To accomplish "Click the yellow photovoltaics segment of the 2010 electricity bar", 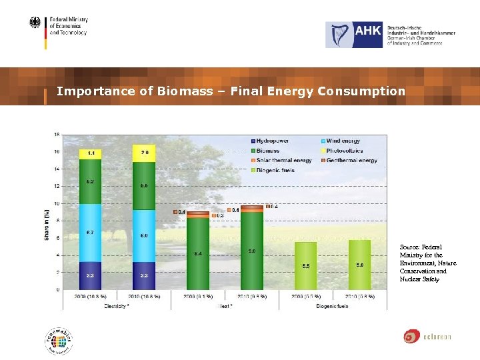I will click(x=144, y=153).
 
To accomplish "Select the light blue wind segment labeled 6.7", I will click(x=90, y=233).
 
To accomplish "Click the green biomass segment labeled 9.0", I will click(x=251, y=251).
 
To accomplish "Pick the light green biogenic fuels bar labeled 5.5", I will click(x=305, y=266).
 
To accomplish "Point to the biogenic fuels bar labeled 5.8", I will click(x=359, y=265).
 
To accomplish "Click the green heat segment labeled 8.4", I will click(x=198, y=254).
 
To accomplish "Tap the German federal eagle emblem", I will click(x=35, y=23).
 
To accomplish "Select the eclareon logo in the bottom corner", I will click(x=427, y=337).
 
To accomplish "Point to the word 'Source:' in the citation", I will click(x=409, y=247).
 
